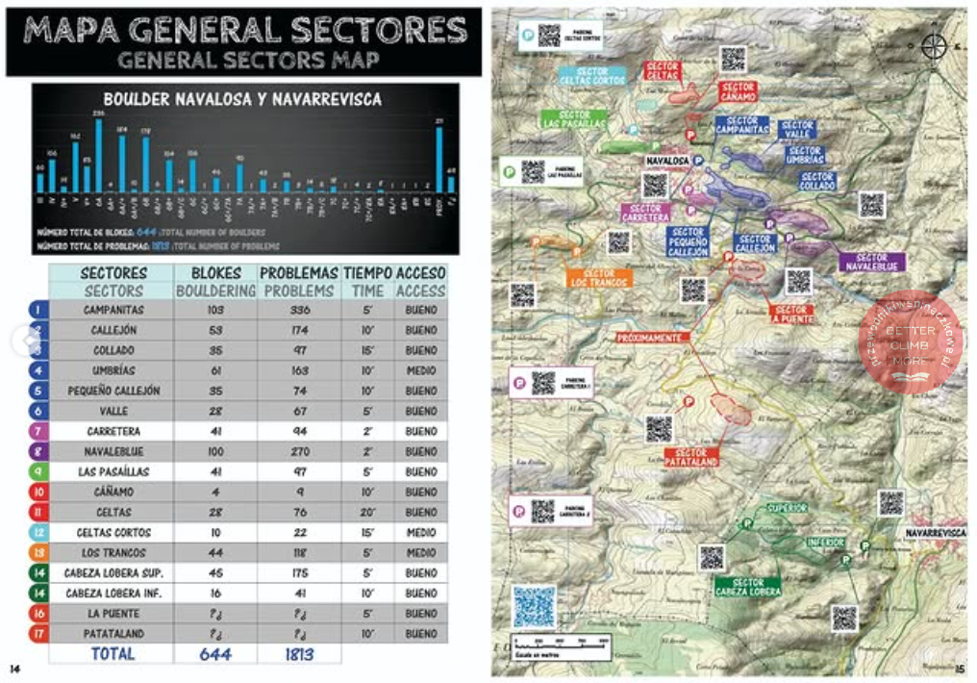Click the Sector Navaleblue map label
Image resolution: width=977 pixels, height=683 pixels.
point(871,263)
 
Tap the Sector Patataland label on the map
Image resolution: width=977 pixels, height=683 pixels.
point(690,458)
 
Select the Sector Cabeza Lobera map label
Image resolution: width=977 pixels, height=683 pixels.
point(747,587)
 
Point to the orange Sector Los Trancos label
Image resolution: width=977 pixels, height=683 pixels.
point(599,278)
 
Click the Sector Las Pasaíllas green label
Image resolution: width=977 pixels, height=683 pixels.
point(574,119)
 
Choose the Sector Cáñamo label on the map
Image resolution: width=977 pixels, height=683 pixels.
point(737,92)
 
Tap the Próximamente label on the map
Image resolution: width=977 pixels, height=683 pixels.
point(650,339)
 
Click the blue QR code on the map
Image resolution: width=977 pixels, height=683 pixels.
point(534,606)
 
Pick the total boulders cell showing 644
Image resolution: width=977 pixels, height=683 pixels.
point(215,653)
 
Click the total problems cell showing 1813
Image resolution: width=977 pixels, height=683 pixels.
point(299,653)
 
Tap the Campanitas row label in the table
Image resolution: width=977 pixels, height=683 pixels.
point(113,310)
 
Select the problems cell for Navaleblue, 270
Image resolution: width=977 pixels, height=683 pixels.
point(299,451)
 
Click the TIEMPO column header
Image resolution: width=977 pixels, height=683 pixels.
point(367,273)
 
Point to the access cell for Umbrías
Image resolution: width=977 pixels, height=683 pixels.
point(421,370)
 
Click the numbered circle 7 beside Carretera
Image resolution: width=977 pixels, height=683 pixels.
point(38,431)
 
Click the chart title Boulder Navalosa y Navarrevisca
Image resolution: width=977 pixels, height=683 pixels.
point(242,99)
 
